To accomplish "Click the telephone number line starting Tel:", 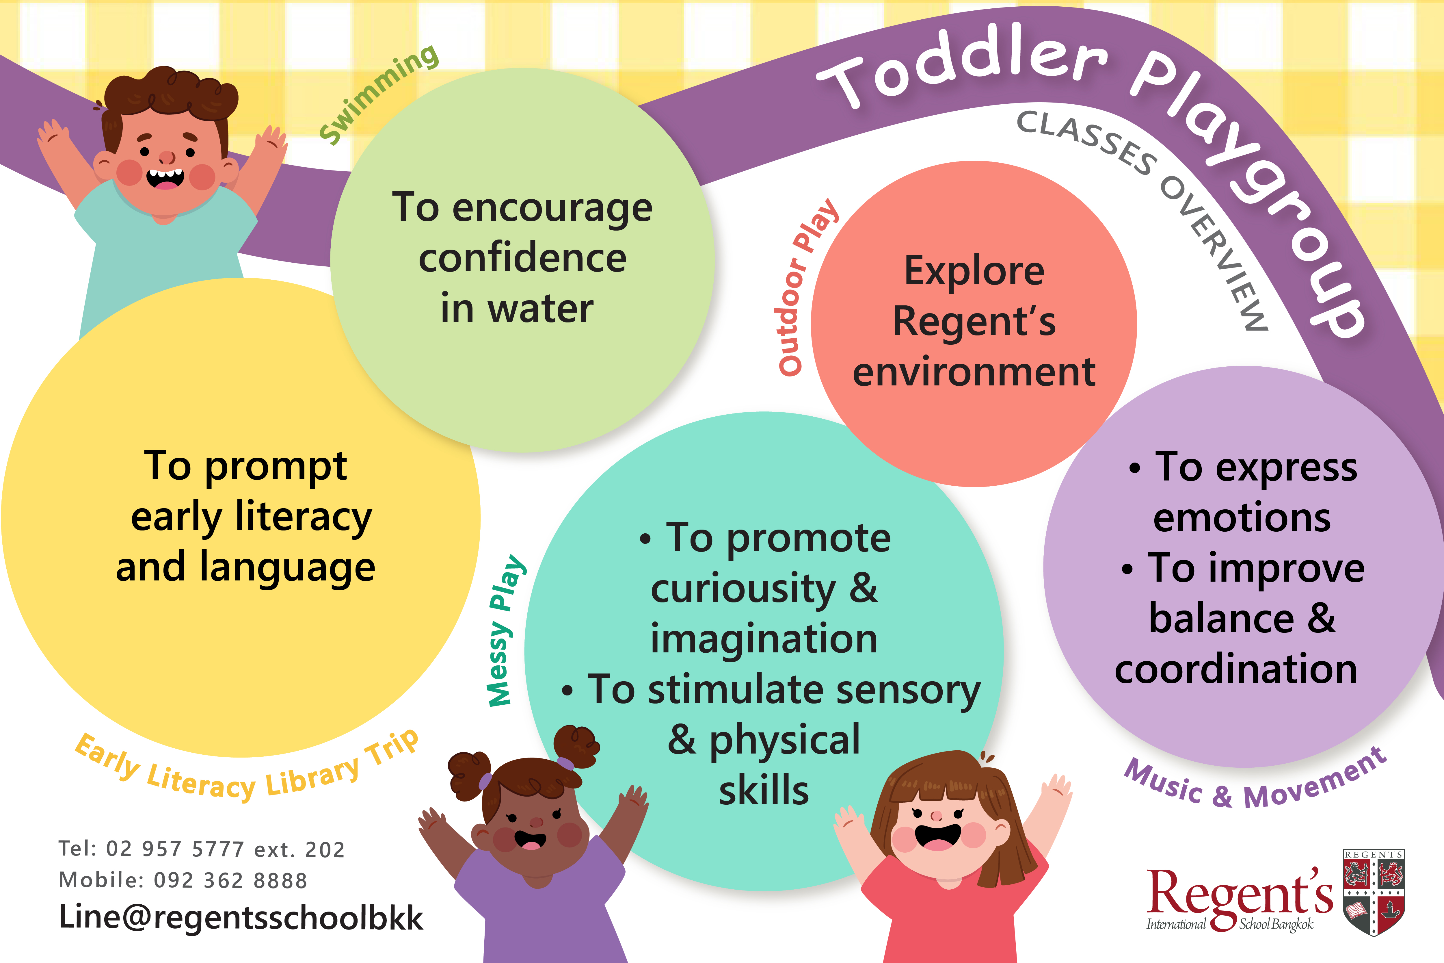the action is (201, 849).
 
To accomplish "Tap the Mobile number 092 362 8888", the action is (230, 880).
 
